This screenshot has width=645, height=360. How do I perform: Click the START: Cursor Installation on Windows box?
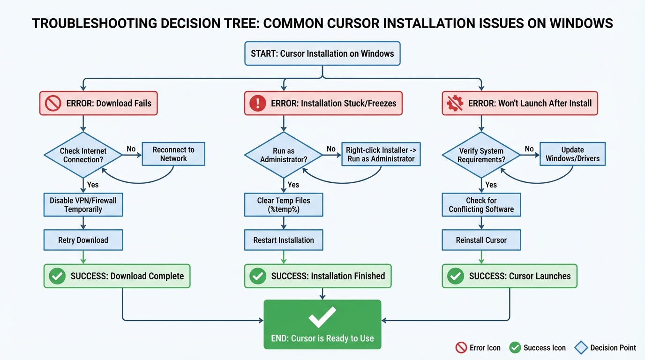click(322, 53)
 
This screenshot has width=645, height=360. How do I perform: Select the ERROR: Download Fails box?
click(98, 103)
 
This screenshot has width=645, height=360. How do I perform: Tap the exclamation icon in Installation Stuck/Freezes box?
click(257, 103)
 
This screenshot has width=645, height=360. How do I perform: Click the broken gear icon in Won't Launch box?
click(455, 103)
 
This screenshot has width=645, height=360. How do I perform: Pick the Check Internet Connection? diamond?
click(83, 155)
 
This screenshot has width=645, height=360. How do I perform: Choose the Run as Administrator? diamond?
click(284, 155)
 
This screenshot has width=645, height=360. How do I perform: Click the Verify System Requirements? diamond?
click(481, 155)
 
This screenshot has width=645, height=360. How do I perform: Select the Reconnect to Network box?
click(173, 154)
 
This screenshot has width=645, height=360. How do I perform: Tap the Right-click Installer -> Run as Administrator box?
click(381, 154)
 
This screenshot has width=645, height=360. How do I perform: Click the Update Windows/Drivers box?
click(572, 154)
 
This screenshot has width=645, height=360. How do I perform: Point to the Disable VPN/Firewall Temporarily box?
click(83, 205)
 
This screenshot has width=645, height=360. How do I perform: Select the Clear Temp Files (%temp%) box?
click(284, 205)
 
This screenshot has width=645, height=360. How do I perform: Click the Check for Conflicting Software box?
click(481, 205)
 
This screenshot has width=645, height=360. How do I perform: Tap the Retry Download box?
click(83, 240)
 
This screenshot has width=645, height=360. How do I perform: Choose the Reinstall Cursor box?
click(481, 240)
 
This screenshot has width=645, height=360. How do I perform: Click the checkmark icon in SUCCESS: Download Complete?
click(57, 276)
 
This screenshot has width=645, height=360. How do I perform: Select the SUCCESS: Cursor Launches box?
click(510, 276)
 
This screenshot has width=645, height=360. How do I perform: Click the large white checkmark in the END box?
click(322, 317)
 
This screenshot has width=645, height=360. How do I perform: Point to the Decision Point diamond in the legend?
click(581, 347)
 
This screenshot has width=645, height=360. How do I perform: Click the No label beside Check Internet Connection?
click(131, 149)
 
